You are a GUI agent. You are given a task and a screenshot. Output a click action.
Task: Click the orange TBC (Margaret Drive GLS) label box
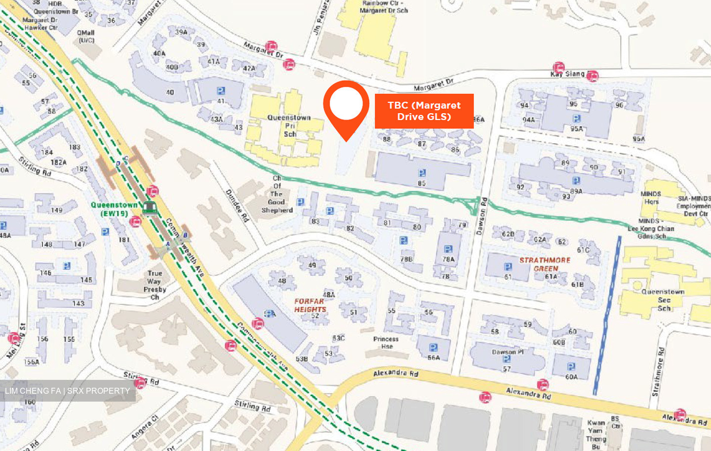tap(424, 111)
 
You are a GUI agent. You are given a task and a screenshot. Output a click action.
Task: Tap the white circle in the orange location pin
tap(346, 104)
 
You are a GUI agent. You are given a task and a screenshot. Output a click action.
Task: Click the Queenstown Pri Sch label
tap(289, 125)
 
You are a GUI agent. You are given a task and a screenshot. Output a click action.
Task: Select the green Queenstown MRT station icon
tap(149, 208)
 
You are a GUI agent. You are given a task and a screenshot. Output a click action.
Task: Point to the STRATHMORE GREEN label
tap(545, 264)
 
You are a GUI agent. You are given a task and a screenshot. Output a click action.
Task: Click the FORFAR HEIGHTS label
tap(310, 305)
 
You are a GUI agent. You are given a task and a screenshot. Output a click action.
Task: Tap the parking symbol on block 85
tap(422, 173)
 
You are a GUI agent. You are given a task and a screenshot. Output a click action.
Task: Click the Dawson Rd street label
tap(482, 216)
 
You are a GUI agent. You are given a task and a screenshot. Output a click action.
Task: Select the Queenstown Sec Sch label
tap(663, 300)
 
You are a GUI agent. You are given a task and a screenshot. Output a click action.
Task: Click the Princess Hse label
tap(386, 342)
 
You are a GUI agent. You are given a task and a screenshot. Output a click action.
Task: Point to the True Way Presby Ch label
tap(155, 285)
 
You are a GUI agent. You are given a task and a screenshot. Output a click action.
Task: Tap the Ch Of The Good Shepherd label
tap(277, 194)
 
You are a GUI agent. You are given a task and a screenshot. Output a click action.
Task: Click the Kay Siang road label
tap(567, 74)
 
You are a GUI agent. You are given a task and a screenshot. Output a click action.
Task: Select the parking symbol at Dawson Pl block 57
tap(507, 359)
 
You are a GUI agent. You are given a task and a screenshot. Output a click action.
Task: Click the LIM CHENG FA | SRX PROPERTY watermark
tap(68, 391)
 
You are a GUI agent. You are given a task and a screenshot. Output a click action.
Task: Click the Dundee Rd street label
tap(237, 205)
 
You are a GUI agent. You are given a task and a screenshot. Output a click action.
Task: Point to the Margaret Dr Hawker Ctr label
tap(40, 24)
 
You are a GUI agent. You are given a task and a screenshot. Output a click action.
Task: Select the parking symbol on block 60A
tap(571, 367)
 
